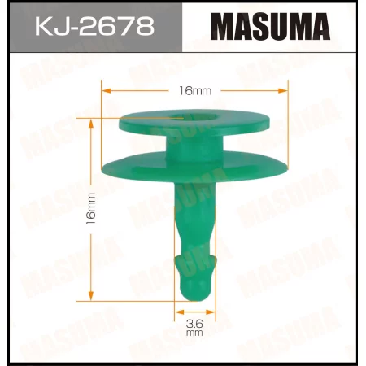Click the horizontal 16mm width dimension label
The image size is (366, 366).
(194, 90)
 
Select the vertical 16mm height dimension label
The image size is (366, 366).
(91, 210)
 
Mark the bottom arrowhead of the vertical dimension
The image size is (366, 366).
(91, 297)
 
